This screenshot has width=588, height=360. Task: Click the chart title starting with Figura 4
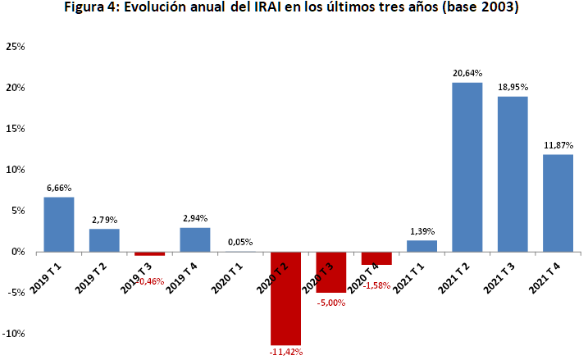point(293,9)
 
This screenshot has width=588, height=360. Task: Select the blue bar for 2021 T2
point(467,167)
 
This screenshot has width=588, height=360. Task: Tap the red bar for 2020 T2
point(286,298)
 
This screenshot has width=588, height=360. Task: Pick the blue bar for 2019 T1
point(59,225)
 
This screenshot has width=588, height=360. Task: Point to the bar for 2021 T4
point(558,203)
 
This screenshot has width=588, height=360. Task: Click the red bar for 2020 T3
point(331,272)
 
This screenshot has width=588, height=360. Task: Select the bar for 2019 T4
point(195,239)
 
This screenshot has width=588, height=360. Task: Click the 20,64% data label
point(467,74)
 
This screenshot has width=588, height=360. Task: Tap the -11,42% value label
point(286,353)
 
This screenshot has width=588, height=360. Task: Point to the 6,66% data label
point(59,189)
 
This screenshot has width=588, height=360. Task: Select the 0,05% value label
point(240,243)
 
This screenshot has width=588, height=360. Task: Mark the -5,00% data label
point(331,302)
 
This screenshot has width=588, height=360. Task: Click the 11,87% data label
point(558,146)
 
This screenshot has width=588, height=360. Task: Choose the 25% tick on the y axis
point(16,47)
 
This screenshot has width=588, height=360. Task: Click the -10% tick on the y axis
point(14,334)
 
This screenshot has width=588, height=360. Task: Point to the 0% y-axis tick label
point(18,252)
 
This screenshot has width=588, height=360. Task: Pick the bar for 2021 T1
point(422,246)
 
